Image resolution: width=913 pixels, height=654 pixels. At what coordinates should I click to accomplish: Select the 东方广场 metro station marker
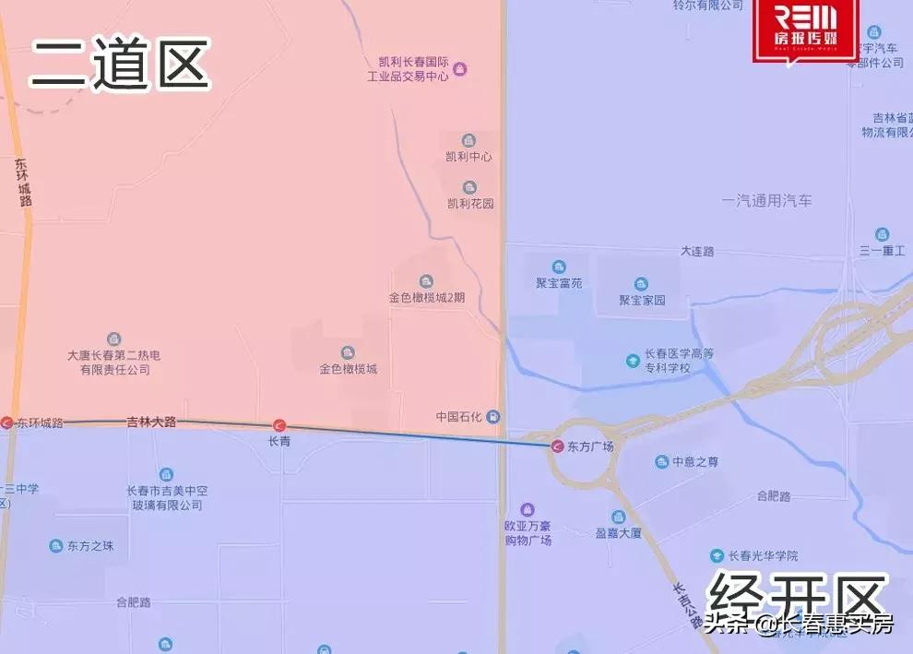click(x=557, y=446)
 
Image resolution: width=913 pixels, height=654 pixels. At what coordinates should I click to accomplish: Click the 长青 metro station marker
click(x=279, y=425)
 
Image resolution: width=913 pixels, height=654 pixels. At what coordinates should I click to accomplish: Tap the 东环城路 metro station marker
click(x=7, y=422)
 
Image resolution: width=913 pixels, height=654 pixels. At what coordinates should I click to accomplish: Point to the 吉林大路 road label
click(x=150, y=422)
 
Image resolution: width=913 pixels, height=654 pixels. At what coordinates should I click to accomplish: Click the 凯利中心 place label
click(x=469, y=157)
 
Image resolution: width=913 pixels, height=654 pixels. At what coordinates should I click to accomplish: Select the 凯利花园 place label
click(x=470, y=203)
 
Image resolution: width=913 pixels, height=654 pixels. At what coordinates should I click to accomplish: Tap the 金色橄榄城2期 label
click(x=426, y=298)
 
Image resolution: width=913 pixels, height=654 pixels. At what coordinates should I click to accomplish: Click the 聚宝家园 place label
click(x=642, y=300)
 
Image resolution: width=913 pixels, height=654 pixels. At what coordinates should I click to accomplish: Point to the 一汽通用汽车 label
click(x=767, y=200)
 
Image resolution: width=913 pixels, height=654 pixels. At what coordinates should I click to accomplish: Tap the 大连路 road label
click(x=697, y=251)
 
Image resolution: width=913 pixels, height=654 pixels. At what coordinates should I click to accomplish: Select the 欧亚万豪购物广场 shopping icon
click(x=528, y=510)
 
